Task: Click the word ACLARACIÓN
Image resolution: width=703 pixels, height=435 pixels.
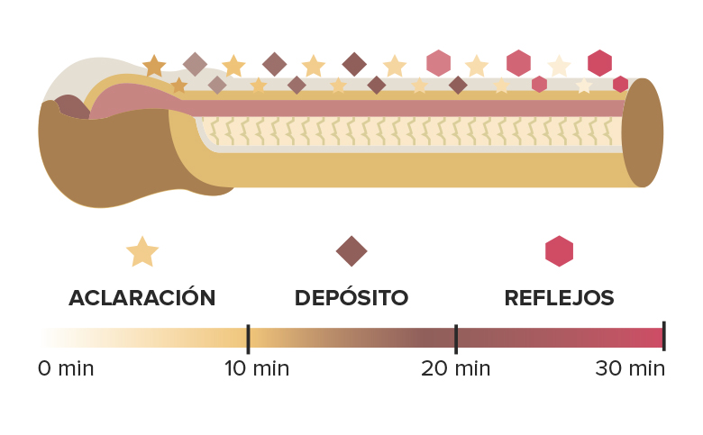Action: pyautogui.click(x=142, y=297)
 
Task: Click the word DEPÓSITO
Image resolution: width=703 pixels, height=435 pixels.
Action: pyautogui.click(x=351, y=297)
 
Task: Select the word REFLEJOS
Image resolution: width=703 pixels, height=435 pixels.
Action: pyautogui.click(x=559, y=297)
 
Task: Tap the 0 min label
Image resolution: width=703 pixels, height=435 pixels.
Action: pyautogui.click(x=66, y=368)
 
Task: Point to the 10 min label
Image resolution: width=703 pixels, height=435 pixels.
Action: pyautogui.click(x=257, y=368)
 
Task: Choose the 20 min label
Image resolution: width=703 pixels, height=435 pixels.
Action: pyautogui.click(x=455, y=368)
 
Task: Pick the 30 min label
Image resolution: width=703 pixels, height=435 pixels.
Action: pyautogui.click(x=630, y=368)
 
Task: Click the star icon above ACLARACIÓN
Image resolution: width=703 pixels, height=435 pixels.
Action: pyautogui.click(x=142, y=252)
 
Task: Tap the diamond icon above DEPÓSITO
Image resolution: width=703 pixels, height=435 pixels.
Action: pyautogui.click(x=351, y=251)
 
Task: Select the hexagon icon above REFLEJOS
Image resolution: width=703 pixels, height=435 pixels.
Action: pyautogui.click(x=559, y=251)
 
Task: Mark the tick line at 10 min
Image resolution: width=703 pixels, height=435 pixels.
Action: pyautogui.click(x=249, y=340)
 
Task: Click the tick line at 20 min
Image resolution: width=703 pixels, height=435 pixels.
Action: pyautogui.click(x=456, y=340)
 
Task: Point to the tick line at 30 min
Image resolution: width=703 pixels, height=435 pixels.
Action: pyautogui.click(x=664, y=336)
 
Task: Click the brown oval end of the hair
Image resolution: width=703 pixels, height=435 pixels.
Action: pyautogui.click(x=643, y=132)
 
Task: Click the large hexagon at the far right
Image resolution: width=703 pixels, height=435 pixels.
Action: pyautogui.click(x=600, y=63)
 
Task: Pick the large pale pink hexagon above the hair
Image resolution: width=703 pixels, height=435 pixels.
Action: pyautogui.click(x=439, y=63)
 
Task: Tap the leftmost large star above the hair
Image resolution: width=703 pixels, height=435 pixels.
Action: pyautogui.click(x=154, y=67)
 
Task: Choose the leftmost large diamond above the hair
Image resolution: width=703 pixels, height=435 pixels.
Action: pyautogui.click(x=195, y=65)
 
